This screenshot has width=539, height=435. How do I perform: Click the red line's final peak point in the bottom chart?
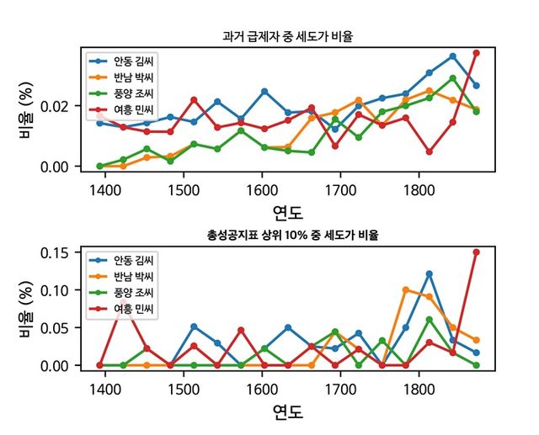[x=476, y=252]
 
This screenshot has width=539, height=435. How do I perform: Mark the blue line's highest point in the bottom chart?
[x=429, y=273]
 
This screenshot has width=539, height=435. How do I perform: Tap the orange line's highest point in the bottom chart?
[x=405, y=289]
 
